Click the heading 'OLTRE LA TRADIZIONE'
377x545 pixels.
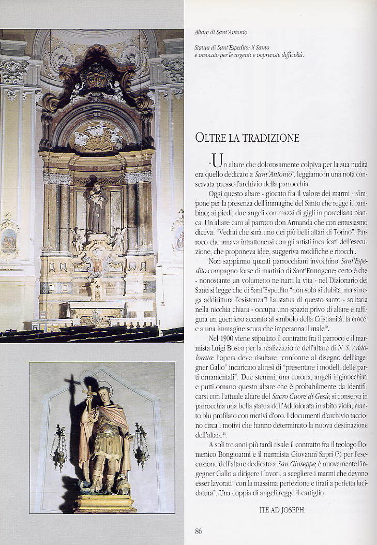(x=248, y=138)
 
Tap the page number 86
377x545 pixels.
(x=199, y=531)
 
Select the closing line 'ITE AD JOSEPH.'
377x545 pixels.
(x=282, y=509)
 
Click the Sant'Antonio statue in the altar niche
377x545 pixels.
(x=97, y=205)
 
